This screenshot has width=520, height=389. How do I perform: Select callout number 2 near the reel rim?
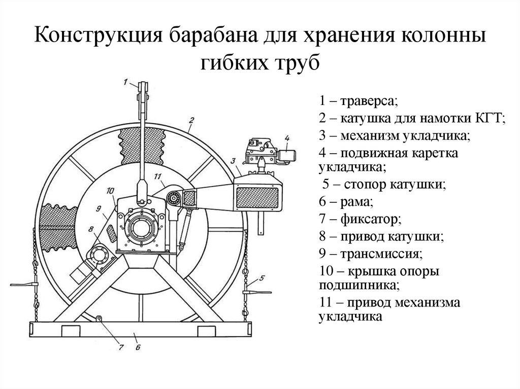click(191, 120)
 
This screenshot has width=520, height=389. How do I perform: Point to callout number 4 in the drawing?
click(287, 137)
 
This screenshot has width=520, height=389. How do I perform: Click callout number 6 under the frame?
click(138, 347)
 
